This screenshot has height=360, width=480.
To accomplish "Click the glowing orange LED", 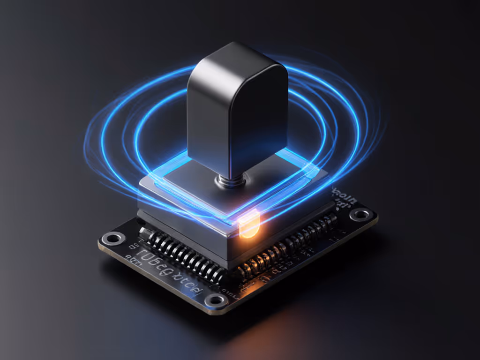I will [249, 227].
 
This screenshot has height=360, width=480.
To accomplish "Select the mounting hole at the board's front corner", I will [216, 300].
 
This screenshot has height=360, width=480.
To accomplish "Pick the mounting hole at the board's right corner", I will [361, 215].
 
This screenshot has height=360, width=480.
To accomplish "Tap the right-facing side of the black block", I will [269, 117].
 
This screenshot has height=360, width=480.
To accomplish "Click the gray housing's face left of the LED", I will [187, 234].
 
